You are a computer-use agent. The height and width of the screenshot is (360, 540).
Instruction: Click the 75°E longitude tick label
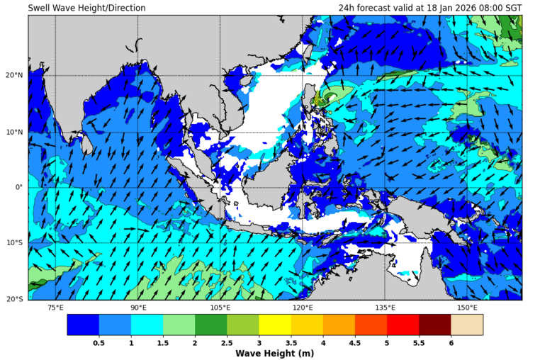click(55, 308)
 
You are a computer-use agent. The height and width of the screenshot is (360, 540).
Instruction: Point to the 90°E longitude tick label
click(138, 308)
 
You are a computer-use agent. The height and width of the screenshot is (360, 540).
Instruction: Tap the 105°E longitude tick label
click(220, 308)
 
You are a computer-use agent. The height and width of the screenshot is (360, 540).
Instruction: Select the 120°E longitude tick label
click(303, 308)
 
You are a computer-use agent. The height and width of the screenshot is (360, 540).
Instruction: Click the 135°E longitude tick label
click(385, 308)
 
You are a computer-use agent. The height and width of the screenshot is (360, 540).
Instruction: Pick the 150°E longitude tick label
click(467, 308)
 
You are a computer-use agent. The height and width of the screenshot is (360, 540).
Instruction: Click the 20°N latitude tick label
click(15, 76)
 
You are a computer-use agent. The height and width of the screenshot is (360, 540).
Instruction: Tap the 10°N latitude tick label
click(15, 132)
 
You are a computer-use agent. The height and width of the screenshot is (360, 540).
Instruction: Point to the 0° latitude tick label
click(19, 187)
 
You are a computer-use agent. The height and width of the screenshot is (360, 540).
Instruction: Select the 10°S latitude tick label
click(15, 243)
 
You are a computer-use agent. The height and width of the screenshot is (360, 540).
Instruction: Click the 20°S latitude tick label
click(15, 299)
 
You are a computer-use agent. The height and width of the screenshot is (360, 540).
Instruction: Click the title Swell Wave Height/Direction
click(86, 8)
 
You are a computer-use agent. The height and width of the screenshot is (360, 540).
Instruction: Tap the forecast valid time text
click(430, 8)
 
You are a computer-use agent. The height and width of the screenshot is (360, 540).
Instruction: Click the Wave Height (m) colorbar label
click(274, 354)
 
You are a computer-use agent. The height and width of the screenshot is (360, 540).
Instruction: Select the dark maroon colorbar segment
click(435, 325)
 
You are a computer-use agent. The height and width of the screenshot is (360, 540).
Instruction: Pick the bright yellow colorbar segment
click(275, 325)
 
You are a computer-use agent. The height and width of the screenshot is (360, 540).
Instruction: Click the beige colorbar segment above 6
click(467, 325)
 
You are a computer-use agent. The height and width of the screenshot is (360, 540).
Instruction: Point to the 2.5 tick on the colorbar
click(227, 342)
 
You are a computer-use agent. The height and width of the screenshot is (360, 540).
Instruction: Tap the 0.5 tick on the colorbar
click(99, 342)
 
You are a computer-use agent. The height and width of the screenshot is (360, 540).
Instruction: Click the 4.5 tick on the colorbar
click(355, 342)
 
